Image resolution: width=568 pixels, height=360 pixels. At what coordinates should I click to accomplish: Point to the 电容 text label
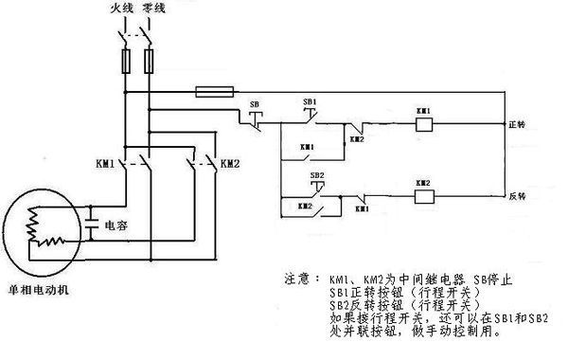[x=115, y=227]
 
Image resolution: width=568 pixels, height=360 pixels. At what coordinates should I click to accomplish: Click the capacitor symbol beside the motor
[x=90, y=227]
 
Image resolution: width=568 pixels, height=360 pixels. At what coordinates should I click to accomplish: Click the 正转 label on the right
[x=517, y=125]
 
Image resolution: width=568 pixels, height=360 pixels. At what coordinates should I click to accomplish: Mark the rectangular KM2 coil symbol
[x=423, y=196]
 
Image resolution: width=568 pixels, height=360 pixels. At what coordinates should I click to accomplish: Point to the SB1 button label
[x=310, y=99]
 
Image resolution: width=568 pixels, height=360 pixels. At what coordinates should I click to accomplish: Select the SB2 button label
[x=318, y=175]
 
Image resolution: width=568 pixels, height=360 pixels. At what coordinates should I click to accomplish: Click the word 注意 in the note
[x=296, y=281]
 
